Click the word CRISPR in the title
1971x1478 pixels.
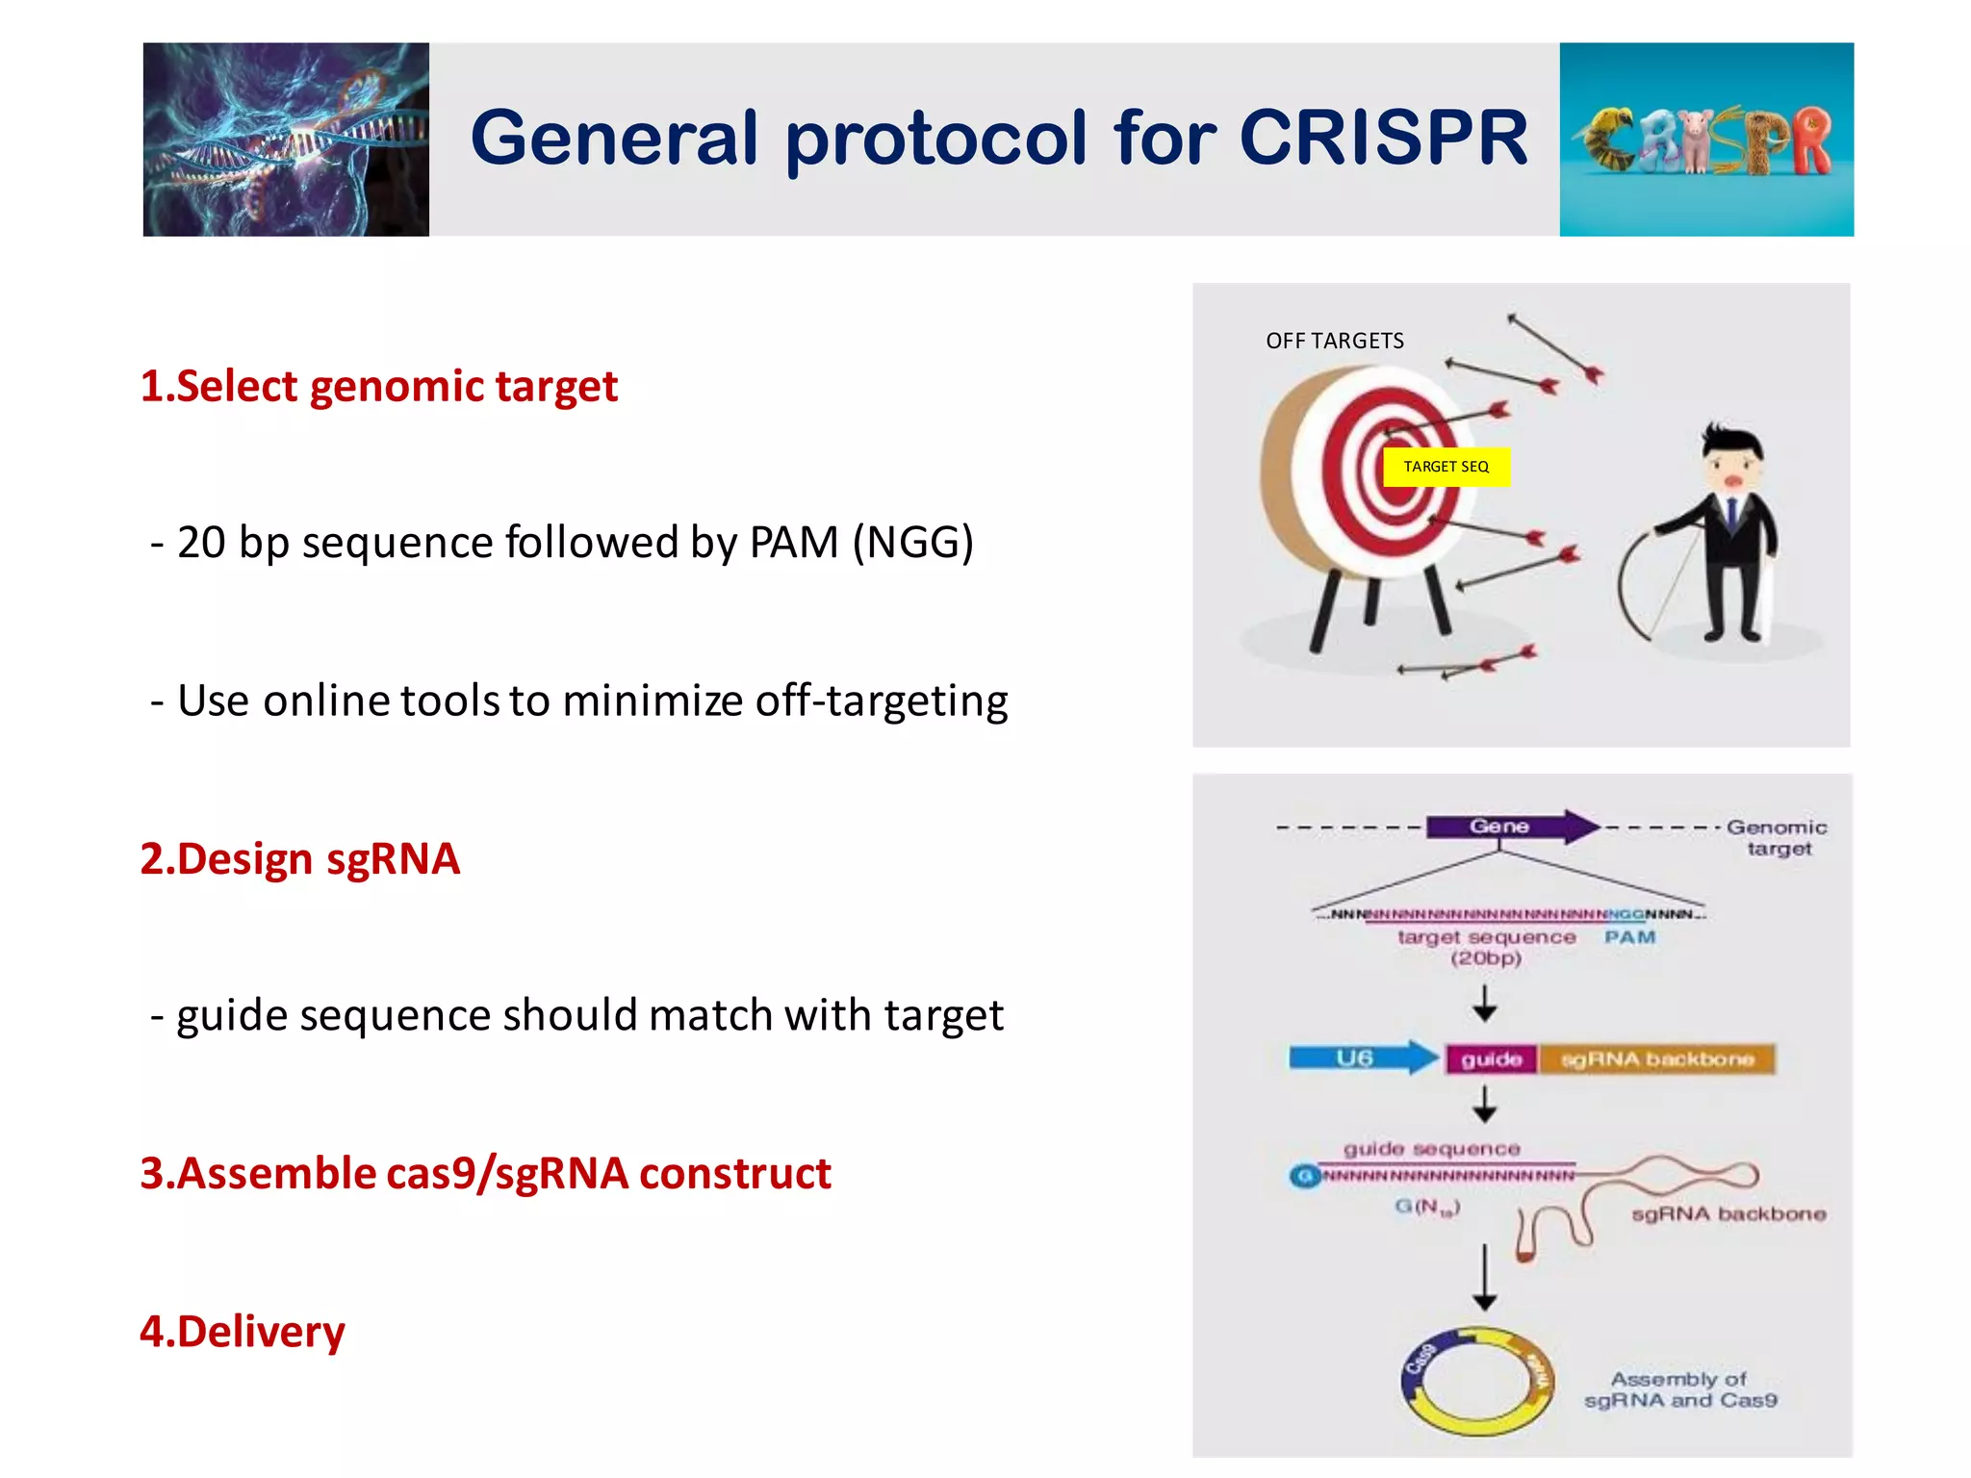(x=1383, y=138)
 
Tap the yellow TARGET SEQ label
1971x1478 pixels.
(x=1446, y=467)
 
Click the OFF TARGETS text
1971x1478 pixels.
(x=1334, y=341)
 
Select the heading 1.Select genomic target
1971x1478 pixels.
(x=378, y=387)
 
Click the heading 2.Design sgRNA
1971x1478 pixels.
(x=299, y=858)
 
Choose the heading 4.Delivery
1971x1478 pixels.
(x=242, y=1332)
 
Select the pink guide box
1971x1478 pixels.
(x=1491, y=1059)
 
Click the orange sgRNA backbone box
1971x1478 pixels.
(x=1656, y=1059)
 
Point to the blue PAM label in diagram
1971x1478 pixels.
(x=1629, y=937)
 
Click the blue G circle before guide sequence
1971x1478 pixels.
(x=1304, y=1176)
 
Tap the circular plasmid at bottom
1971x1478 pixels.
(x=1477, y=1383)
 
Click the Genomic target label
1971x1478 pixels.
(x=1777, y=837)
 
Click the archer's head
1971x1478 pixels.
(x=1731, y=460)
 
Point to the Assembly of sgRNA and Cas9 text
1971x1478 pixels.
(x=1679, y=1389)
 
